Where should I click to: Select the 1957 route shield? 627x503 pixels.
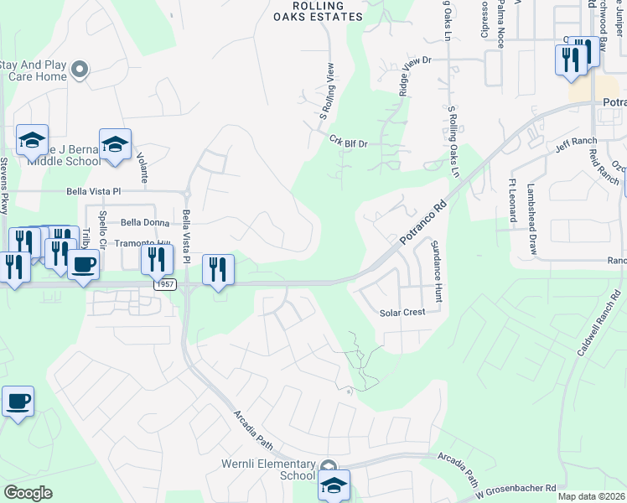click(164, 286)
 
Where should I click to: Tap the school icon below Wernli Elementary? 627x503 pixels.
click(333, 485)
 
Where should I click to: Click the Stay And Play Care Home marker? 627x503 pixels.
click(80, 70)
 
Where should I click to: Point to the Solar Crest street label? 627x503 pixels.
click(402, 312)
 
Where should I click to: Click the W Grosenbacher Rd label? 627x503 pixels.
click(516, 487)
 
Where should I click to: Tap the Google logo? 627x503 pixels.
click(28, 493)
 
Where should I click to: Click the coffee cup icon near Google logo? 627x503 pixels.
click(18, 402)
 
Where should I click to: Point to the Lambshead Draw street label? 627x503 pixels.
click(531, 220)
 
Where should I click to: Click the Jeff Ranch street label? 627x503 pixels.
click(575, 145)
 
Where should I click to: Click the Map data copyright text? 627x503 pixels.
click(591, 496)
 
